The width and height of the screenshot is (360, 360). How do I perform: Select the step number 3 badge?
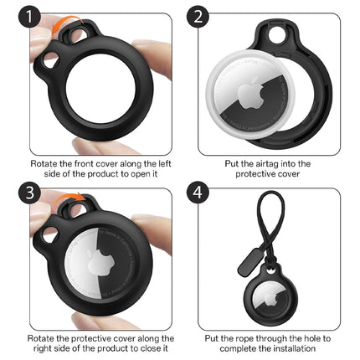pos(29,192)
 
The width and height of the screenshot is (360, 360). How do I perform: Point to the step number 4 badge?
pos(198,192)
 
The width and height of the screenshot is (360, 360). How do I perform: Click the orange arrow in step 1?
pos(67,21)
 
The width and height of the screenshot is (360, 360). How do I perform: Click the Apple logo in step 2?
pos(250,94)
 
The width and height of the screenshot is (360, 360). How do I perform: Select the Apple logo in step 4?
pos(270,299)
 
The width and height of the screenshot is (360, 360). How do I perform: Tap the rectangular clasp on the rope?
pos(249,263)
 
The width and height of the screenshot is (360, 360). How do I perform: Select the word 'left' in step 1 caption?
pos(165,163)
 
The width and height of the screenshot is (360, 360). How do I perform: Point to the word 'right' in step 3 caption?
pos(41,348)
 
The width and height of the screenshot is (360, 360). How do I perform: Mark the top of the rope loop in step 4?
pos(270,193)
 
